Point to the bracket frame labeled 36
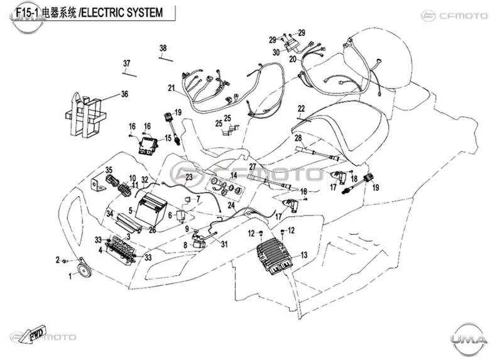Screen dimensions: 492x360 85,114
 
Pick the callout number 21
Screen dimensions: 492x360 172,88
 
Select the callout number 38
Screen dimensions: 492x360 163,48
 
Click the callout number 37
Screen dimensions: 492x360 126,63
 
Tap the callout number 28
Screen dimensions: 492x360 298,138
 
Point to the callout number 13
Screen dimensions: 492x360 304,255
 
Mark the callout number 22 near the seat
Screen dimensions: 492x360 301,109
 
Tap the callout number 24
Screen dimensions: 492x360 231,205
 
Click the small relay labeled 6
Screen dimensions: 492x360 181,215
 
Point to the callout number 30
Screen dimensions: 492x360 276,52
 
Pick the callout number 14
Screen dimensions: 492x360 234,175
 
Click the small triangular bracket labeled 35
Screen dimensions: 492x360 98,185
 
